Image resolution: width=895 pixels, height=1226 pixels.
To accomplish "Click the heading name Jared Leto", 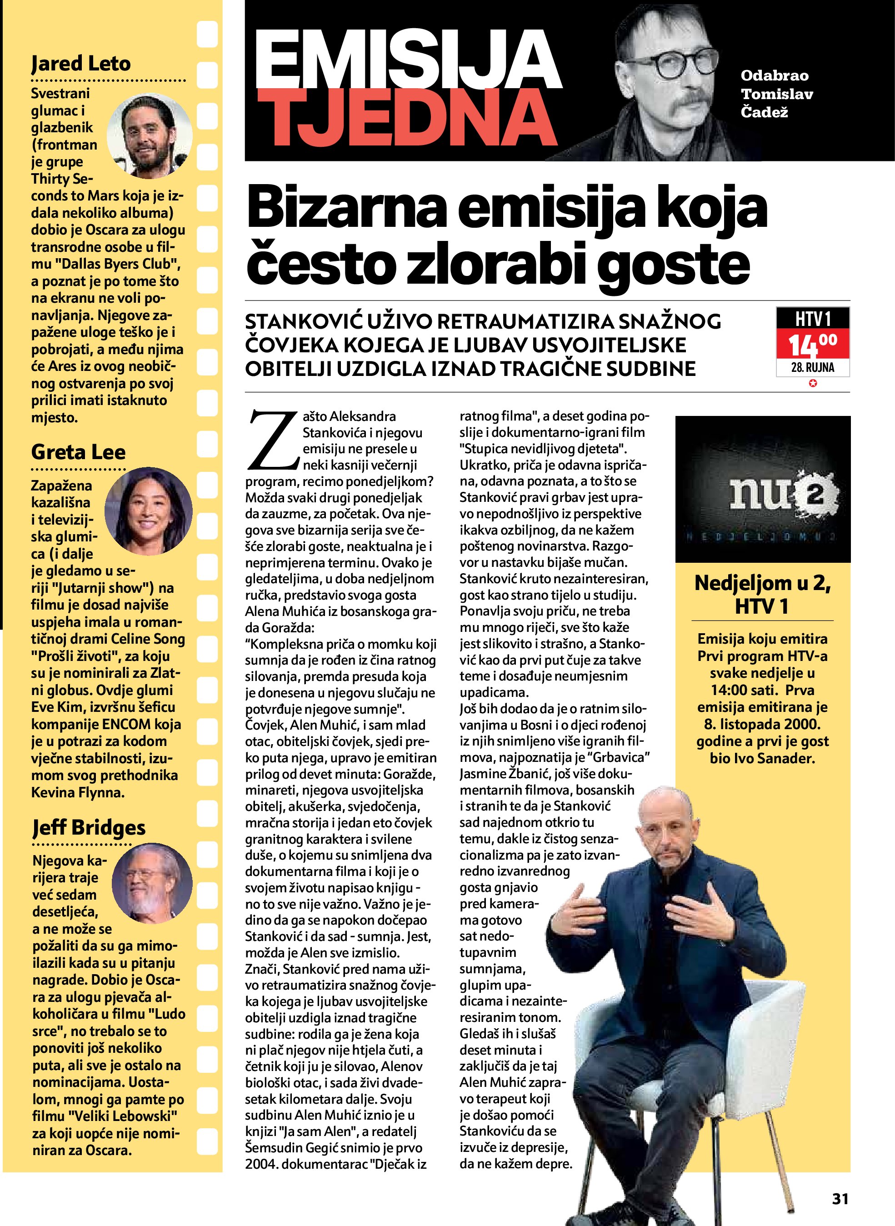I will click(x=81, y=64).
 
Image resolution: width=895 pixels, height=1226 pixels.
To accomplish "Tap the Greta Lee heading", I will click(x=78, y=452).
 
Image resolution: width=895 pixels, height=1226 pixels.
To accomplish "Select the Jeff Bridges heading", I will click(x=89, y=827).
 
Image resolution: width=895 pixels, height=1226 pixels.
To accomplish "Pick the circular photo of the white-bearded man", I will click(x=152, y=883).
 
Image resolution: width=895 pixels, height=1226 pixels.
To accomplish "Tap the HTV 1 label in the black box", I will click(x=813, y=319).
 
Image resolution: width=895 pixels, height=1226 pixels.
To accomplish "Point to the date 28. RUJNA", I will click(x=813, y=368).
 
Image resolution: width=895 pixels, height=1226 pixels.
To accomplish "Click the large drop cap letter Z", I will click(x=274, y=441).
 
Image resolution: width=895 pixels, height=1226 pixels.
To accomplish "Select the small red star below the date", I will click(x=813, y=384).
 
